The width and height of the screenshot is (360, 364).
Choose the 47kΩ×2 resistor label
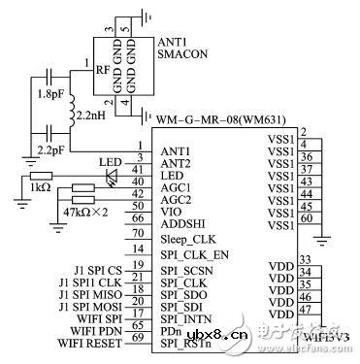click(84, 209)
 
